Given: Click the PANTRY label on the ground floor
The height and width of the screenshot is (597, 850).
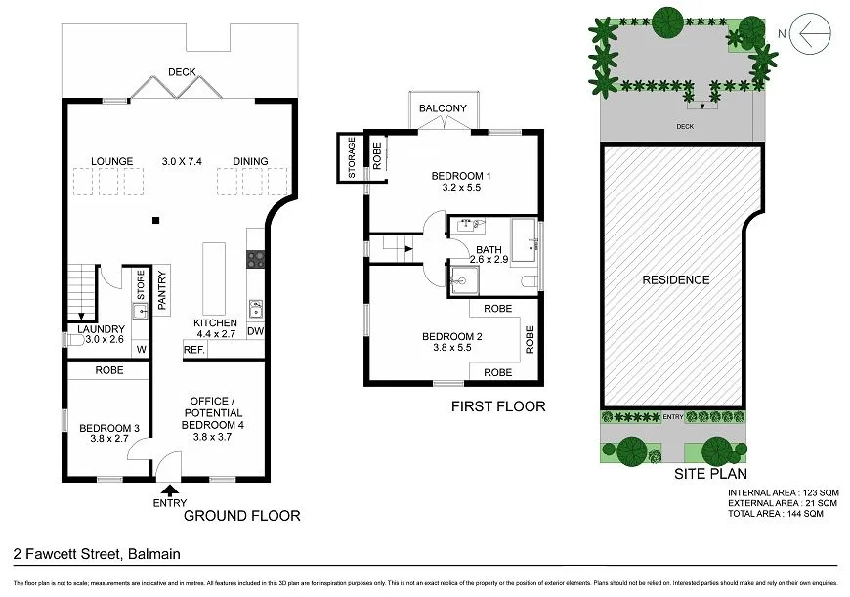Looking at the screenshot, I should [x=163, y=288].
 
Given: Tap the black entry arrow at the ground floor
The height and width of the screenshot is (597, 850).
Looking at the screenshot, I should [x=170, y=490].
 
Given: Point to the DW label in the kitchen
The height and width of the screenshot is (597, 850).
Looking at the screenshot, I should [x=255, y=332].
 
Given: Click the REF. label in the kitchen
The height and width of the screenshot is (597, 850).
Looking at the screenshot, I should [x=193, y=350].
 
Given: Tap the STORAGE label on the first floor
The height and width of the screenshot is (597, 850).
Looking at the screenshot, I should [x=353, y=157].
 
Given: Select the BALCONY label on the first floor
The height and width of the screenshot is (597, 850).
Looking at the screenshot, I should [x=443, y=108].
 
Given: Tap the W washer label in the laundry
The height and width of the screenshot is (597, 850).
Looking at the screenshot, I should [x=141, y=350].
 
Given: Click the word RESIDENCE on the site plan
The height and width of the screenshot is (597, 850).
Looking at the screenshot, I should [x=675, y=280].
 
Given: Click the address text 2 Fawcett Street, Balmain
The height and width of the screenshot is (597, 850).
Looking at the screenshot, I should [x=97, y=554].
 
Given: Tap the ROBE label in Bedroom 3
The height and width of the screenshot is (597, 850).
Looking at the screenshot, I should [x=108, y=371].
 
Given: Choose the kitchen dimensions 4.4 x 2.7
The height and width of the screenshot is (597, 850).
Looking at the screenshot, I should [x=215, y=334].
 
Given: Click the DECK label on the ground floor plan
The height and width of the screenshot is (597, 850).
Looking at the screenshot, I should [x=182, y=71].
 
